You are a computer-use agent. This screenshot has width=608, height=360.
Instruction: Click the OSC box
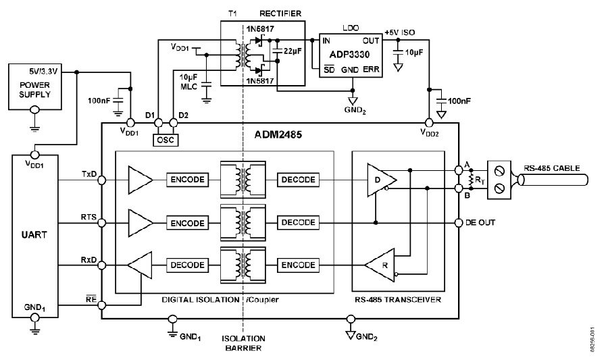[166, 140]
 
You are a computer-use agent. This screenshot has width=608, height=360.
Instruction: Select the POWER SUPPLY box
[35, 87]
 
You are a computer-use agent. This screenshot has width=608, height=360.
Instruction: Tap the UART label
[34, 235]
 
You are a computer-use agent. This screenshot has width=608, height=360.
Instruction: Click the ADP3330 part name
[349, 54]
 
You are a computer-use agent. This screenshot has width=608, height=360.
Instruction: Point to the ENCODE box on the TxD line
[187, 180]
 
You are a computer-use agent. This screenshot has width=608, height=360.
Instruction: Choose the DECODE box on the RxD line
[187, 265]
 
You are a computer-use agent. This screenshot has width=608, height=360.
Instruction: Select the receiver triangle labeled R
[380, 265]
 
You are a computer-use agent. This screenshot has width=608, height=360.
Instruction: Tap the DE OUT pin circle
[459, 223]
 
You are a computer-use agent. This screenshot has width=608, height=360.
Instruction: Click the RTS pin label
[88, 217]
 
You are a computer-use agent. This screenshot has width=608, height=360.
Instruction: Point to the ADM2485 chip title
[278, 135]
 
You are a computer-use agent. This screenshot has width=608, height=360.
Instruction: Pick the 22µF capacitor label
[293, 51]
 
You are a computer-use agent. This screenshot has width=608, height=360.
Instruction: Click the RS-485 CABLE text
[552, 168]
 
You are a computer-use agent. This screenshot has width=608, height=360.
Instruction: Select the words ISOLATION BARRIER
[243, 343]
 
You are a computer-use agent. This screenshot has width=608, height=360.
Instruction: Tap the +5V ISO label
[399, 32]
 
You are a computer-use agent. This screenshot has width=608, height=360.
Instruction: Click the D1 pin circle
[158, 123]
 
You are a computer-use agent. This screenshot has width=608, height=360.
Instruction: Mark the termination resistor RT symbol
[471, 180]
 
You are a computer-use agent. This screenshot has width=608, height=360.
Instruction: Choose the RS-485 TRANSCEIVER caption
[398, 299]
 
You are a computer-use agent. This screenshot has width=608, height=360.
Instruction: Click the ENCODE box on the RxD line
[298, 265]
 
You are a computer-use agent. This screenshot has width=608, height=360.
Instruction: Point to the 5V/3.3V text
[43, 72]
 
